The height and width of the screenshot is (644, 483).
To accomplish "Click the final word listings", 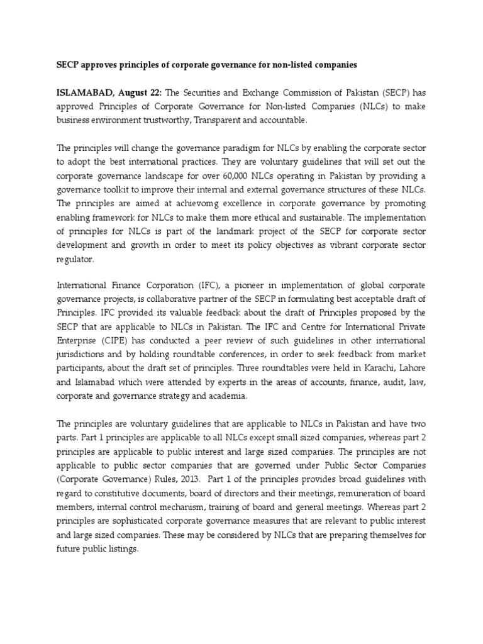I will [x=123, y=548].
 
